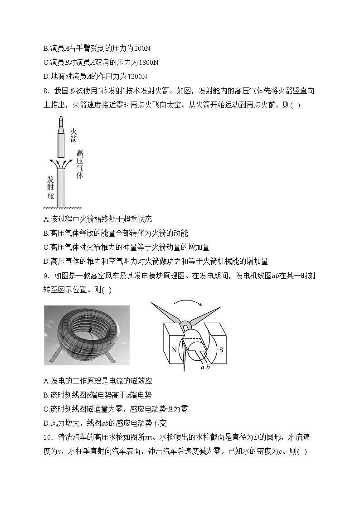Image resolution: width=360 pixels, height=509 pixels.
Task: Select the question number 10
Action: pos(48,437)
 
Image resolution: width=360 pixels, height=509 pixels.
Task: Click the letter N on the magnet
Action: pos(174,349)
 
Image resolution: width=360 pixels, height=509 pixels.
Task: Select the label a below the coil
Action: pos(203,367)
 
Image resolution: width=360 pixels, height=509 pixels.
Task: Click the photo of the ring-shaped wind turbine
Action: pos(87,335)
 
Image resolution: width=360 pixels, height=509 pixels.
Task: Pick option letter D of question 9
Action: pos(46,423)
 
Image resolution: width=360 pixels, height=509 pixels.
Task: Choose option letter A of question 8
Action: pos(46,218)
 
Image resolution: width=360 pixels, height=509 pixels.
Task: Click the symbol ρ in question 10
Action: pos(284,452)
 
